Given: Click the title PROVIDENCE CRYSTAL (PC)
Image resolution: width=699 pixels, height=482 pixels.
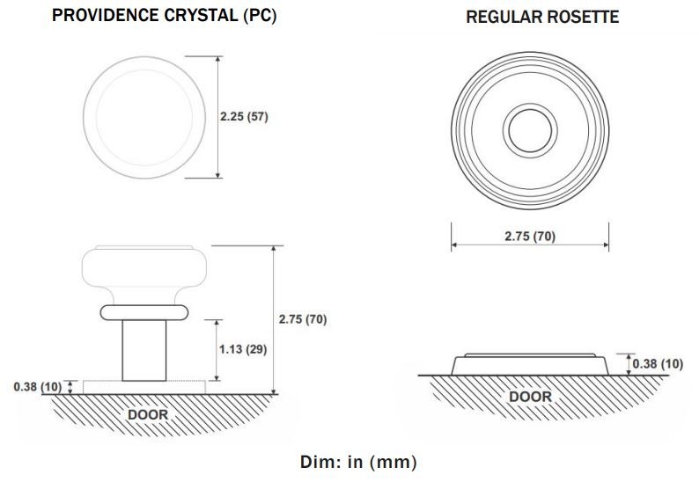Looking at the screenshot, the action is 164,16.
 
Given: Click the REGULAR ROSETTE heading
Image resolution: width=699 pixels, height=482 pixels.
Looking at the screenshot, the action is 542,17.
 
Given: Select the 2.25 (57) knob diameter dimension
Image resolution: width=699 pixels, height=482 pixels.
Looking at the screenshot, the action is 244,117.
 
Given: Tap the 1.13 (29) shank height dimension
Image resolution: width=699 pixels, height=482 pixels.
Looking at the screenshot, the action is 243,349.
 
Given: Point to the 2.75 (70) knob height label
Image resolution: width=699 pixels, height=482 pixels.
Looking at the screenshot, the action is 303,319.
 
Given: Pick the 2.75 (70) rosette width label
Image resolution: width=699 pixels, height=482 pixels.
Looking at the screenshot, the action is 530,236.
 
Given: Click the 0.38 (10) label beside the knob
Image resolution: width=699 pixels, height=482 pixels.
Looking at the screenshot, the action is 38,387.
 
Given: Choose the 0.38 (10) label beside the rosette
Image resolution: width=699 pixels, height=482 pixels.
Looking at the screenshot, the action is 658,364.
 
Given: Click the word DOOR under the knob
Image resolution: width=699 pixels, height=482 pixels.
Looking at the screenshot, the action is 148,415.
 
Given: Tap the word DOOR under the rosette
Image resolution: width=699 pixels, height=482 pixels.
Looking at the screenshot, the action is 531,397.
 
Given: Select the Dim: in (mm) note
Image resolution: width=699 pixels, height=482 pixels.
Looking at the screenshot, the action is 358,462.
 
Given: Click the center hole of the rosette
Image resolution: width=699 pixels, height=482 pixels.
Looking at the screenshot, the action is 530,130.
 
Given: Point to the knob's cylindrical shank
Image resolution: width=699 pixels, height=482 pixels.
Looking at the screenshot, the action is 144,350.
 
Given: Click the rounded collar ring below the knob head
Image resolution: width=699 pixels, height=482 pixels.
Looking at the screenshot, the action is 144,313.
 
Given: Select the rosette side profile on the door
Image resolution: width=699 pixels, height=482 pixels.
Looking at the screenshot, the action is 530,365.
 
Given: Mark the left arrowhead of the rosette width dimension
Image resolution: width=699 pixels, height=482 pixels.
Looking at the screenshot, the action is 454,245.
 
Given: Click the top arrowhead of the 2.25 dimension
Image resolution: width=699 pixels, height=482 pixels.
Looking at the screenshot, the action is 217,60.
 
